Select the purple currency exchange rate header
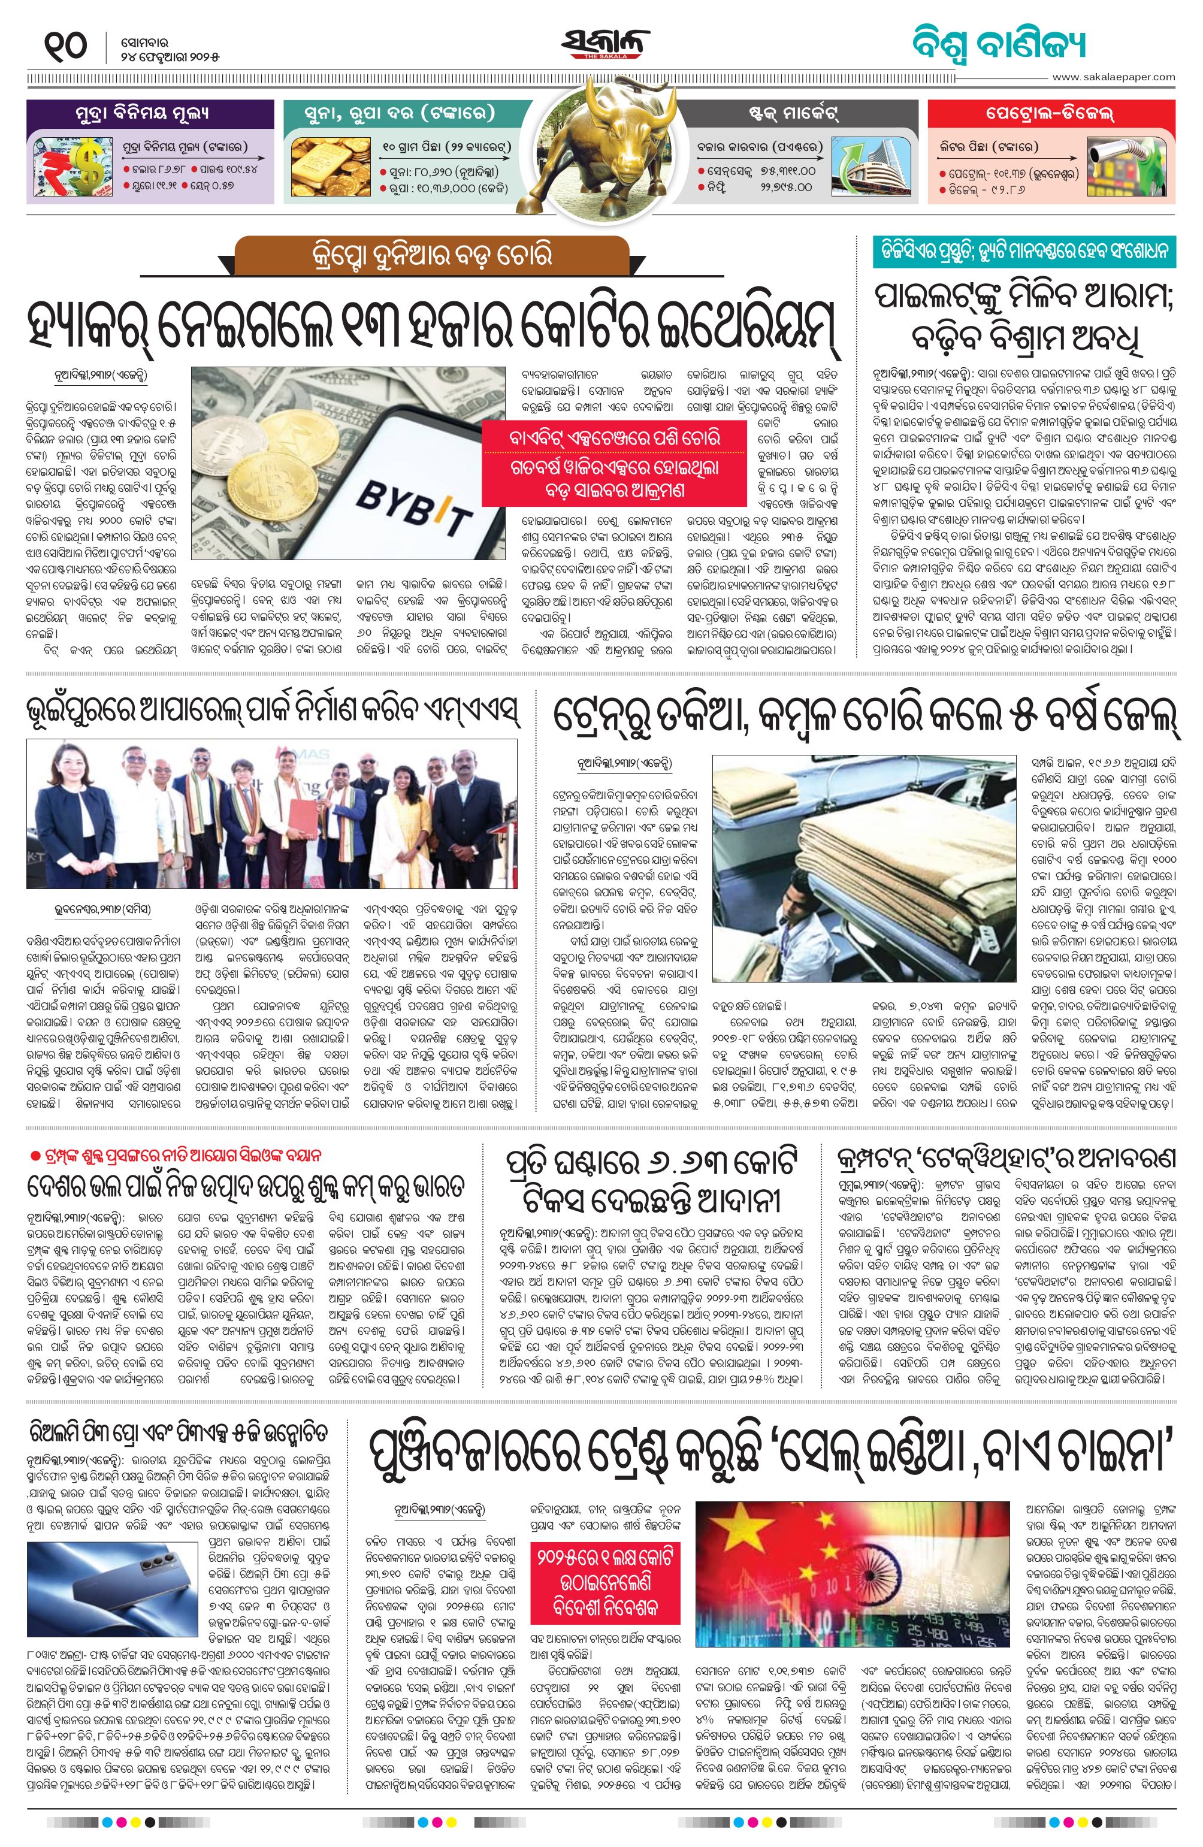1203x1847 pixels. click(x=150, y=113)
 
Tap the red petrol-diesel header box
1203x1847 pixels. click(x=1051, y=113)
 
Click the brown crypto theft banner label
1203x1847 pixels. click(x=431, y=255)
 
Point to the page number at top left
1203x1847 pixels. click(x=66, y=47)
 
